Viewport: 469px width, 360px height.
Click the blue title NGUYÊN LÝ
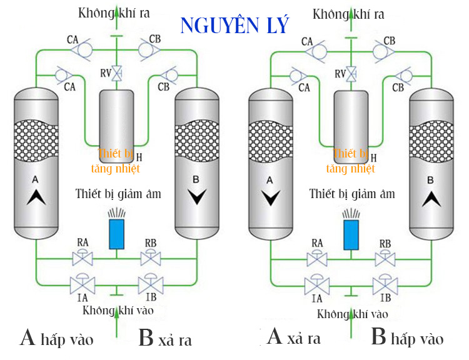[234, 25]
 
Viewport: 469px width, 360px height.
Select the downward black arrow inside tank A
[270, 199]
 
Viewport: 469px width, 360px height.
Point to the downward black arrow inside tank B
[196, 197]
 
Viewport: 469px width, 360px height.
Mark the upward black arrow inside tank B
[430, 198]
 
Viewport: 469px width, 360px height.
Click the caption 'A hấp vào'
[57, 339]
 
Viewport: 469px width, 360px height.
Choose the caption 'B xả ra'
[164, 339]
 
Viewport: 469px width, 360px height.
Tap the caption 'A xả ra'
[293, 338]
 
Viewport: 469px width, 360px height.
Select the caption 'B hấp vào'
[407, 338]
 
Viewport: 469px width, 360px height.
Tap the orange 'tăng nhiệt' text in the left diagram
[115, 168]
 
